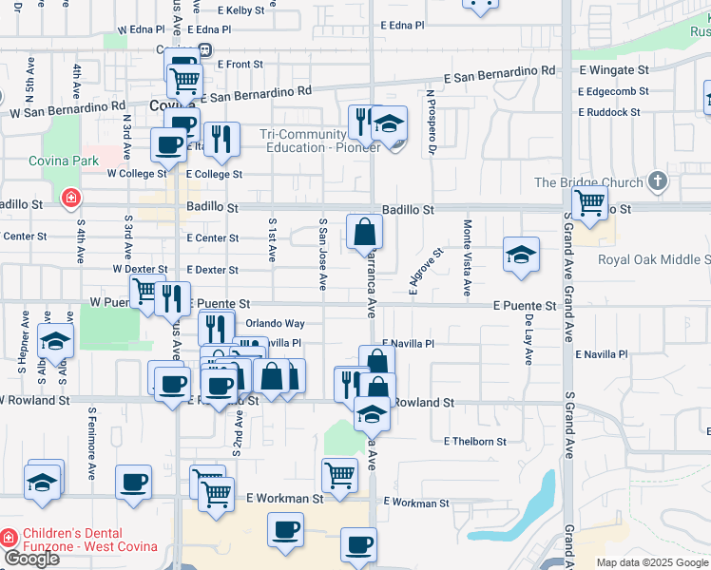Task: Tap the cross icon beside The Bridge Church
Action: pyautogui.click(x=657, y=181)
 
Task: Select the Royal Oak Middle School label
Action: pyautogui.click(x=654, y=259)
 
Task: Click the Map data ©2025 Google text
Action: pyautogui.click(x=651, y=562)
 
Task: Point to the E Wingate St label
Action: pyautogui.click(x=613, y=70)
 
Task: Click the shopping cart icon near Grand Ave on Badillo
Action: pyautogui.click(x=590, y=201)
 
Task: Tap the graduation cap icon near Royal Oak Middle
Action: pyautogui.click(x=520, y=254)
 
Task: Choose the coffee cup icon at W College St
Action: pyautogui.click(x=168, y=145)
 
